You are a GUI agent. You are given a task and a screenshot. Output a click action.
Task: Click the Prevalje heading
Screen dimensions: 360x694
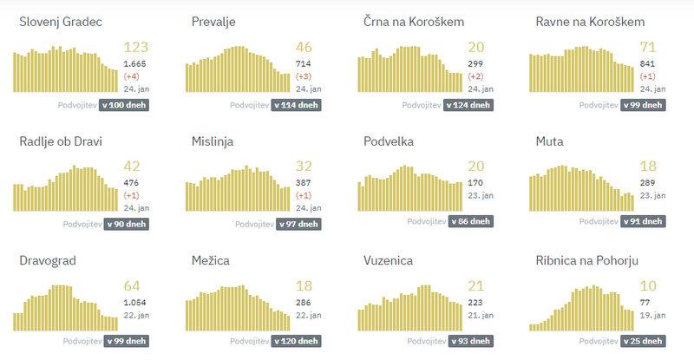tap(216, 22)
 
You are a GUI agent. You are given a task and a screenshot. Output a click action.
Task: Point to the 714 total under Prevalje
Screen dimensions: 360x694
tap(304, 63)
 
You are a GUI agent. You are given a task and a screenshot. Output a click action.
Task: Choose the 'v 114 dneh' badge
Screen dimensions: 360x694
tap(297, 105)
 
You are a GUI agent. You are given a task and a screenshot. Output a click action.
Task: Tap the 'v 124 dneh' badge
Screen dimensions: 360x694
tap(469, 105)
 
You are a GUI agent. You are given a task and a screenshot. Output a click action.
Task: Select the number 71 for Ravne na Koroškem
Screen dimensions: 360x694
tap(649, 48)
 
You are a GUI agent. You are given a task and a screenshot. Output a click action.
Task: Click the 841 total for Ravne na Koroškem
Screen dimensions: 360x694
tap(650, 63)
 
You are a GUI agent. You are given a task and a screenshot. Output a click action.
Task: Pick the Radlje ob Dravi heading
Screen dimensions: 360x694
tap(60, 141)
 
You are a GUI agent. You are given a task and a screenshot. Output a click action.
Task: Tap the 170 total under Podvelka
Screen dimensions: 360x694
tap(475, 183)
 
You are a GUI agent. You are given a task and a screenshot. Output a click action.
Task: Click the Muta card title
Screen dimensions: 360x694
tap(551, 141)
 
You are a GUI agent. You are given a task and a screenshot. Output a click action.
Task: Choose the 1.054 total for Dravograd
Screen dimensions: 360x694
tap(135, 302)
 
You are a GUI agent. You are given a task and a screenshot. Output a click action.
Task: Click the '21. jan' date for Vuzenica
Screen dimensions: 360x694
tap(481, 315)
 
